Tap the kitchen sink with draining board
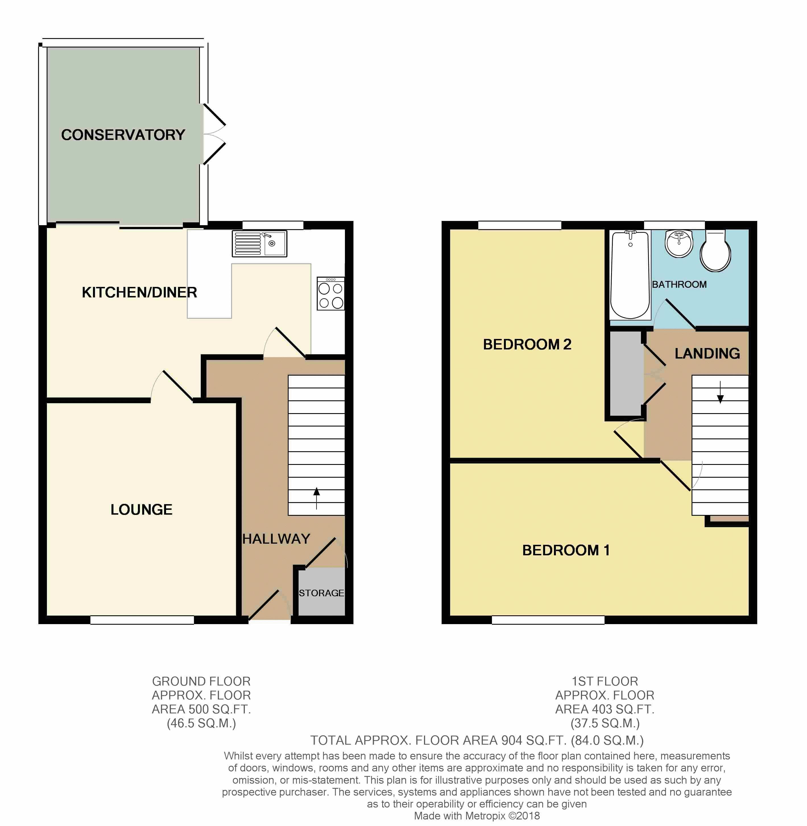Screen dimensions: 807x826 259,244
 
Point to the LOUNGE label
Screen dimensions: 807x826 142,510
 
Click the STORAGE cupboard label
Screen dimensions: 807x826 321,593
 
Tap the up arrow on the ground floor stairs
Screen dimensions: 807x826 316,498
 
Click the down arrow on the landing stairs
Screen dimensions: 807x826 720,392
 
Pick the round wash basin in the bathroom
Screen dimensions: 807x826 679,244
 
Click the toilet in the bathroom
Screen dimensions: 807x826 715,251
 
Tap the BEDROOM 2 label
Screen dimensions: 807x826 527,344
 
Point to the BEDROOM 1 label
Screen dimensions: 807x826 566,550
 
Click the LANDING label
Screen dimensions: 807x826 707,353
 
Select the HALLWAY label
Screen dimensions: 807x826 276,539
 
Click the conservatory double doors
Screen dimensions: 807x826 214,134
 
